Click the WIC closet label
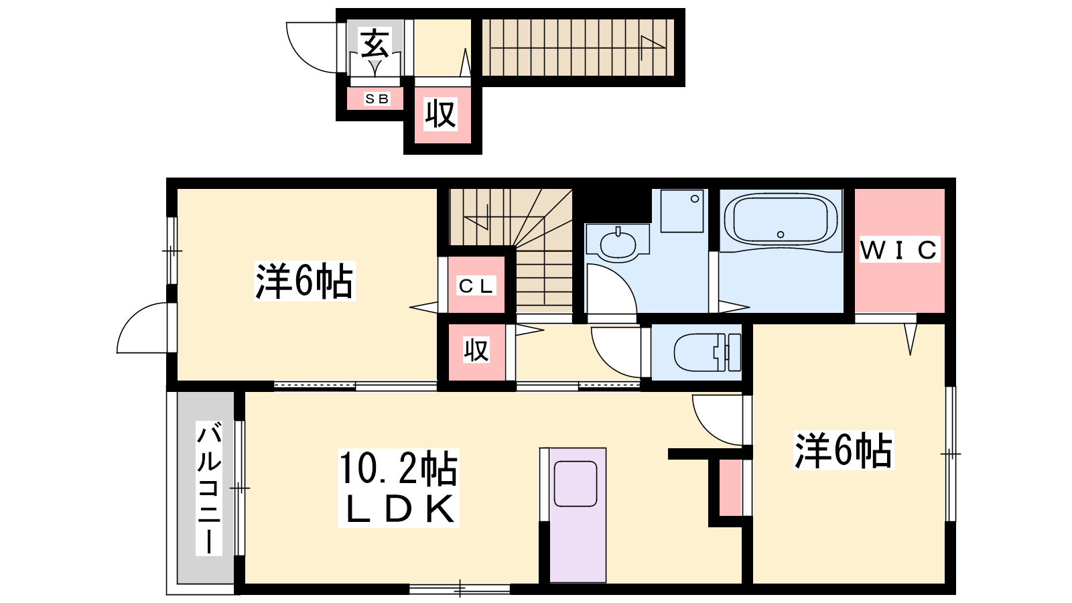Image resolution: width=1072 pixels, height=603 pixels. coord(899,249)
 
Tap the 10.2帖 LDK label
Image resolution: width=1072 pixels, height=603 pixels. coord(398,488)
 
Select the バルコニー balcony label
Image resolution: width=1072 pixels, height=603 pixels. coord(209,488)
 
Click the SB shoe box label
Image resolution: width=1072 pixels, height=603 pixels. coord(377,99)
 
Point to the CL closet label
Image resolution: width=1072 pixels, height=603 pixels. coord(476,286)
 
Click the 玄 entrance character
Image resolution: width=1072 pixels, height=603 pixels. coord(376,44)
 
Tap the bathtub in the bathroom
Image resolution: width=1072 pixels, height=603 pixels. coord(781,220)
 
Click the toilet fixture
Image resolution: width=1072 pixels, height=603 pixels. coord(708,352)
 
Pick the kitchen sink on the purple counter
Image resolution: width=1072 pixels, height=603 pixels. coord(576,483)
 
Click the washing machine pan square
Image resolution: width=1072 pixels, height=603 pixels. coord(682,211)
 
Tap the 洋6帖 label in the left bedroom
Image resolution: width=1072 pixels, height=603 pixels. coord(304,281)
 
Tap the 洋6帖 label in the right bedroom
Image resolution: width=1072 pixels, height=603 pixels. coord(844,450)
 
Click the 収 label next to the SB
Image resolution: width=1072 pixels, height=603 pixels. coord(440,114)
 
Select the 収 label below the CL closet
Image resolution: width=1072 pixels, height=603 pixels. coord(476,350)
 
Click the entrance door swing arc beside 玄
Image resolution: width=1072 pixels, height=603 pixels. coord(301,58)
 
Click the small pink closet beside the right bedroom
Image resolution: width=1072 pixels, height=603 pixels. coord(730,488)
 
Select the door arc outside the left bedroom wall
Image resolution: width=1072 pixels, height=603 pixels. coord(131,318)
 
